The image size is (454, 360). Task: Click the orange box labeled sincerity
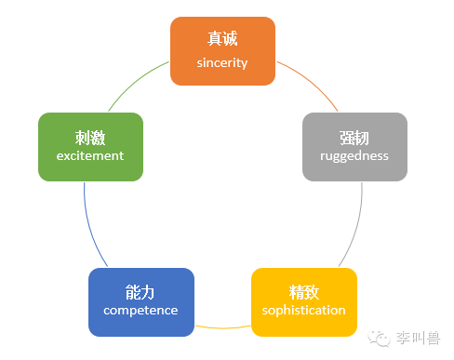point(222,50)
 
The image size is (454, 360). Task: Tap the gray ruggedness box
point(354,146)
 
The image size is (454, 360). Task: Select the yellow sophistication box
point(304,301)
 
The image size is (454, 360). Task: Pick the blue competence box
point(140,301)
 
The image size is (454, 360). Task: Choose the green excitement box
point(90,146)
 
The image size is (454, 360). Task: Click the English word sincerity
point(222,62)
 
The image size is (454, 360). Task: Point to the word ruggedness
point(354,156)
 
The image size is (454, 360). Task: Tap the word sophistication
point(304,310)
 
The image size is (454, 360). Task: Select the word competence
point(140,310)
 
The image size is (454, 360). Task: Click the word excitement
point(90,156)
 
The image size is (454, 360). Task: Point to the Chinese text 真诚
point(222,40)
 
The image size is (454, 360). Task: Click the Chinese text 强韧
point(354,137)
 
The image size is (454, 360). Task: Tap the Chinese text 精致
point(304,291)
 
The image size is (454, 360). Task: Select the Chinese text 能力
point(140,291)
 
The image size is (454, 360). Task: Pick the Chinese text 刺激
point(90,137)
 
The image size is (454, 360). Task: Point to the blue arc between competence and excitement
point(87,223)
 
